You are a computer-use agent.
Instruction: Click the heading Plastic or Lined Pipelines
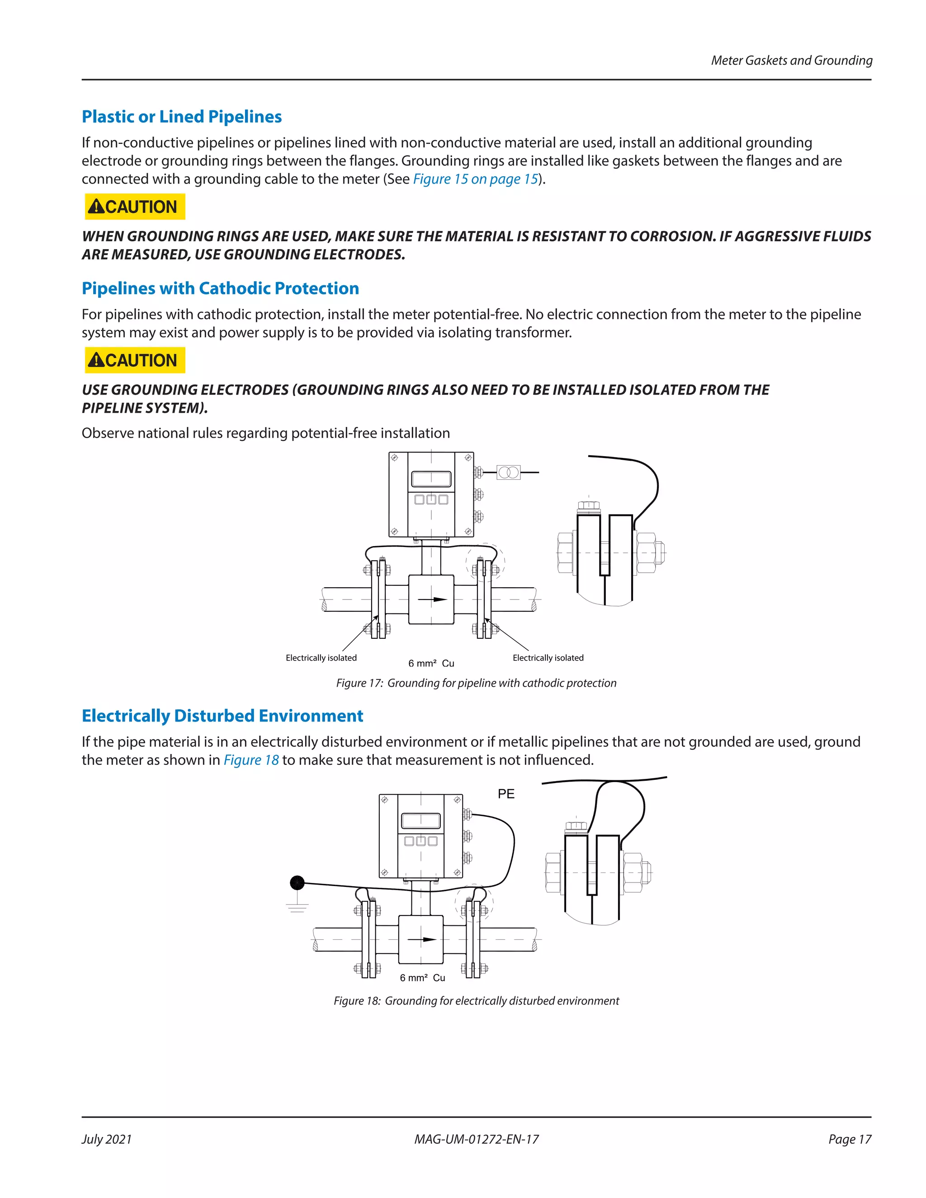tap(182, 117)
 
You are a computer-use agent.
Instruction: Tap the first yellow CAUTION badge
tap(135, 207)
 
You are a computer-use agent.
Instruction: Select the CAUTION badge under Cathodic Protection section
tap(135, 360)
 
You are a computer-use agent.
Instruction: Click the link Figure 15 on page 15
tap(475, 179)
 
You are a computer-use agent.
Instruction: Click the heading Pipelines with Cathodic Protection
tap(220, 288)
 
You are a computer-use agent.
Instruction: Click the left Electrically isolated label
tap(321, 658)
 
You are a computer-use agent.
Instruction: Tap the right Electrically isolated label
tap(548, 658)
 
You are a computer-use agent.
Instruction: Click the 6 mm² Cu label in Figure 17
tap(431, 664)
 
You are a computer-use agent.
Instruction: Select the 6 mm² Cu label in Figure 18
tap(422, 978)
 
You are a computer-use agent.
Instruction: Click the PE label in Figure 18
tap(506, 794)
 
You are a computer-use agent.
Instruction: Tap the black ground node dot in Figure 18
tap(297, 882)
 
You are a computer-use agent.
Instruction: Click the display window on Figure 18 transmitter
tap(421, 821)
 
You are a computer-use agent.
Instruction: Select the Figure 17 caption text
tap(476, 683)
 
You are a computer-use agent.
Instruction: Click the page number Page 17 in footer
tap(849, 1139)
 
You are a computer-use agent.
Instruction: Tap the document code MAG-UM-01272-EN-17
tap(476, 1139)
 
